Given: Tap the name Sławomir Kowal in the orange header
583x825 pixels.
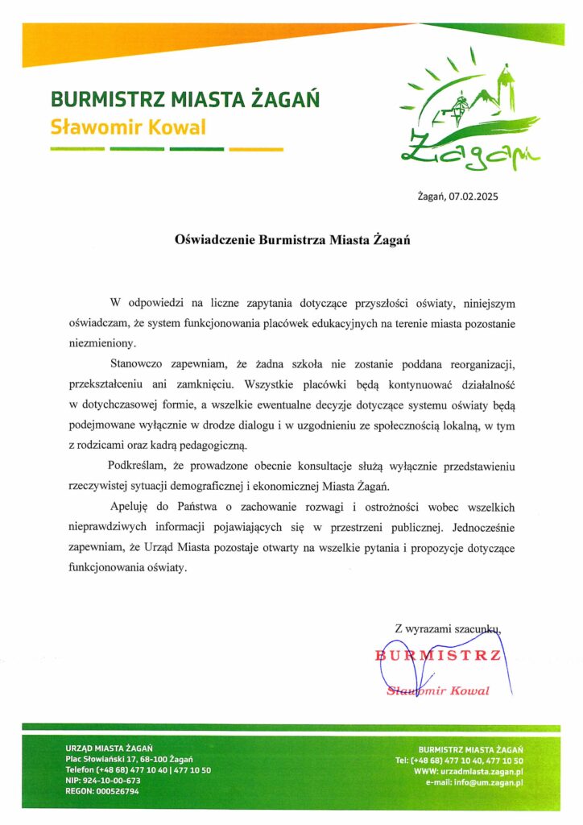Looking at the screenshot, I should [x=128, y=127].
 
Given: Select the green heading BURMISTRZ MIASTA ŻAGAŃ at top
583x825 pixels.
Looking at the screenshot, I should [x=185, y=100].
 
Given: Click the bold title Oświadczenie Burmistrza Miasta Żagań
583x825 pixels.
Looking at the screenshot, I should [x=292, y=240].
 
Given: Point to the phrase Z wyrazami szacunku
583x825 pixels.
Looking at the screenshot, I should [x=449, y=628].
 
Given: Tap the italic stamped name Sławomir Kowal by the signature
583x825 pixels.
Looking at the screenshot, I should [x=440, y=690].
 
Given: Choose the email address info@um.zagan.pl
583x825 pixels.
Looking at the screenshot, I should [x=488, y=781].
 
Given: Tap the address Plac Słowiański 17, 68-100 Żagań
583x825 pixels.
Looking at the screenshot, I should [x=129, y=759].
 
